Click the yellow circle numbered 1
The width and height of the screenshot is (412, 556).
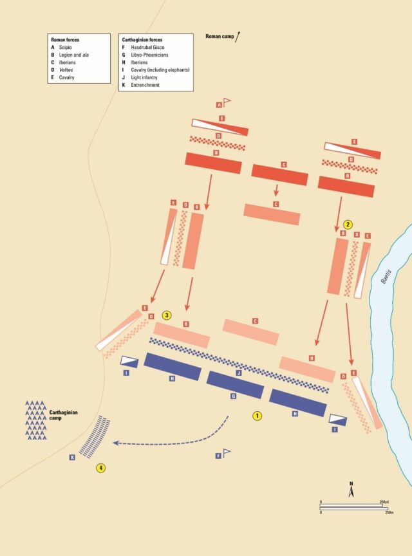257,416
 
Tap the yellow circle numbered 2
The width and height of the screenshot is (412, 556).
348,225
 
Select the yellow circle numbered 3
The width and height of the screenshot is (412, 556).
167,315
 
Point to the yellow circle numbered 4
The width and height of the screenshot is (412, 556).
100,468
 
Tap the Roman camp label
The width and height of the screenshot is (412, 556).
219,37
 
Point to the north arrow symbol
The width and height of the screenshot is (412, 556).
351,490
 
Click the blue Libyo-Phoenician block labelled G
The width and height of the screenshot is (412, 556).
234,384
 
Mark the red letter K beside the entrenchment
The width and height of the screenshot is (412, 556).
72,458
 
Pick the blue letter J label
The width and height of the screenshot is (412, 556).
238,373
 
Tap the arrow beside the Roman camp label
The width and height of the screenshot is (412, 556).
238,36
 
